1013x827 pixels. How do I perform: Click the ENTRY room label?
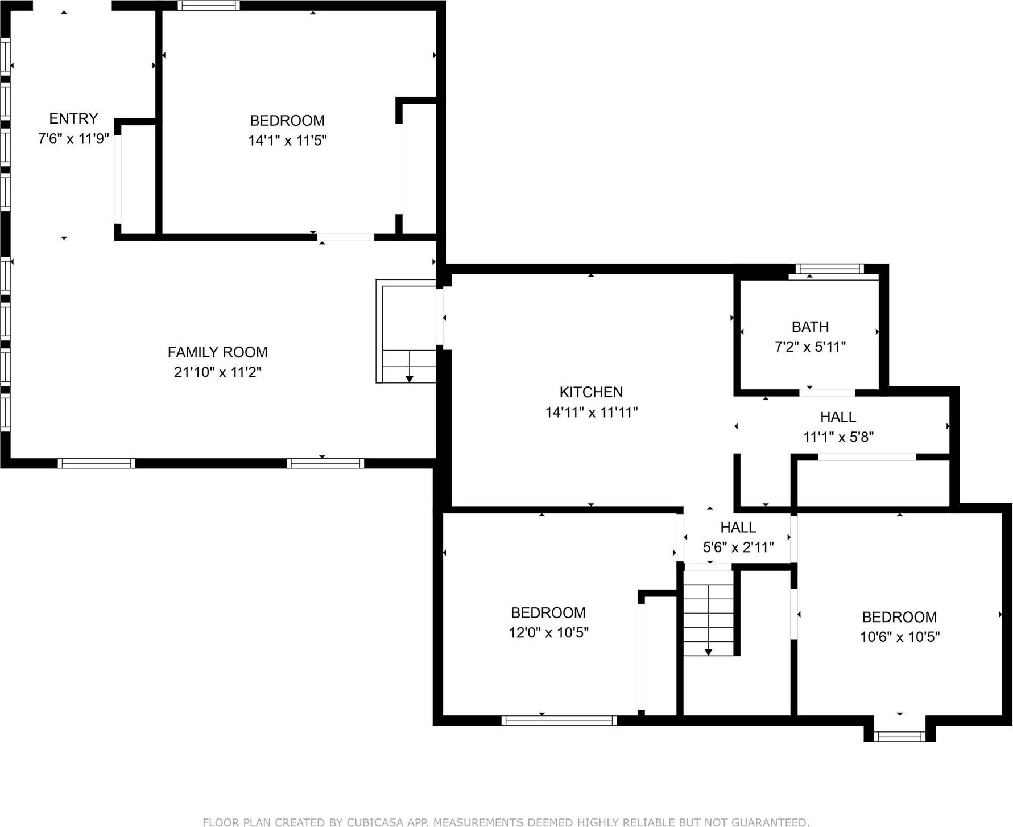pos(73,118)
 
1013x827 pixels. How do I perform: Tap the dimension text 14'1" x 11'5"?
pos(287,141)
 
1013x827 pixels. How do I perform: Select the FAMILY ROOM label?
pos(217,352)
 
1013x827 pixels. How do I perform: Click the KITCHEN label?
pos(591,392)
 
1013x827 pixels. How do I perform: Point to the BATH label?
pos(810,327)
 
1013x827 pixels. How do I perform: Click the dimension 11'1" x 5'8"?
pos(838,437)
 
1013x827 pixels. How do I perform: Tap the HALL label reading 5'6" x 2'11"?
pos(738,528)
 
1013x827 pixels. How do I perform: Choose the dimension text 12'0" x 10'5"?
pos(548,632)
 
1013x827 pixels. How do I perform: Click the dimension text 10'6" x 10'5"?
pos(899,637)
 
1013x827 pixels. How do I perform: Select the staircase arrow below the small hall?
pos(708,651)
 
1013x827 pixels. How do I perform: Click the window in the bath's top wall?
pos(829,269)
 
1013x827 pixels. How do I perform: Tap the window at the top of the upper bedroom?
pos(208,6)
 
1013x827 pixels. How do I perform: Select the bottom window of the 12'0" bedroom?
pos(559,721)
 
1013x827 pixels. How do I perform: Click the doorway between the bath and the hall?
pos(827,393)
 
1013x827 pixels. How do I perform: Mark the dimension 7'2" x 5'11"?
pos(810,347)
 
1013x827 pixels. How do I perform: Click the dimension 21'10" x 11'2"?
pos(217,372)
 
